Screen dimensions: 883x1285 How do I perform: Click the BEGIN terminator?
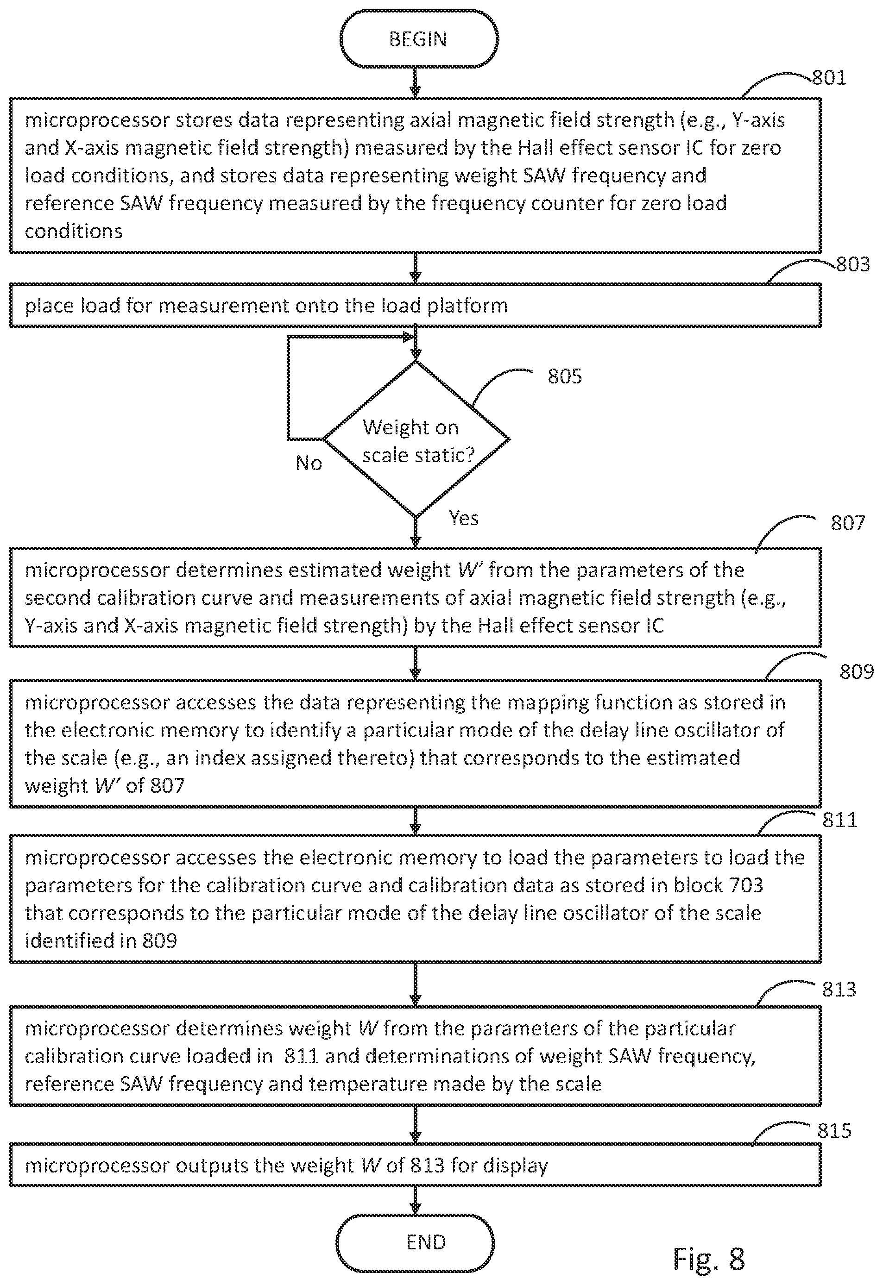[x=418, y=39]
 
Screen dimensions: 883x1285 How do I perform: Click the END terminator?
[x=415, y=1242]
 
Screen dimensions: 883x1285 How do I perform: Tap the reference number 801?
[x=829, y=78]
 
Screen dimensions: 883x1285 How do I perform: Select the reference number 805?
[x=565, y=376]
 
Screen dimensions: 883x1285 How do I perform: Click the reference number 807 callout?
[x=848, y=523]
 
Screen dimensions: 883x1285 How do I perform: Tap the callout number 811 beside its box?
[x=840, y=820]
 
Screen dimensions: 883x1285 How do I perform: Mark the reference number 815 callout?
[x=835, y=1131]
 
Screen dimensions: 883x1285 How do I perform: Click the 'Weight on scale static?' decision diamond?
[x=416, y=439]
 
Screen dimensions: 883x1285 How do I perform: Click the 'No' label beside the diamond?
[x=309, y=463]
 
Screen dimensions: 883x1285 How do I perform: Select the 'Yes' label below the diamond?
[x=464, y=518]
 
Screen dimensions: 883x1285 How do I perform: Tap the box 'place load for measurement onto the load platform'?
[x=415, y=305]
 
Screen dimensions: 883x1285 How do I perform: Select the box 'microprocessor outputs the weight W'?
[x=415, y=1166]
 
